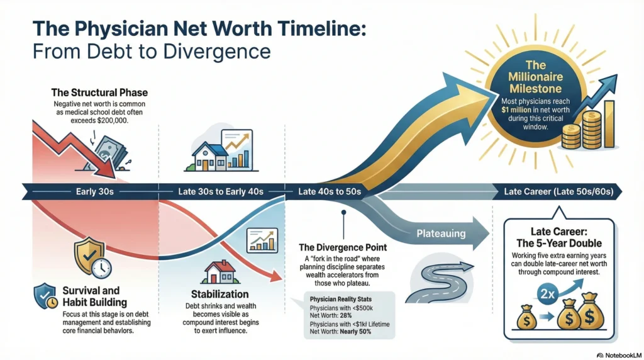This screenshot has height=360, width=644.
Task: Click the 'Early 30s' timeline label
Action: tap(91, 191)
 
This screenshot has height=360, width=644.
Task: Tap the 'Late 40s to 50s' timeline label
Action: tap(329, 191)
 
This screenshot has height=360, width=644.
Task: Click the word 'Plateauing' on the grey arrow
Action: tap(440, 233)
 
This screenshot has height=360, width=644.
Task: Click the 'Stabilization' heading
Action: tap(219, 294)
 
